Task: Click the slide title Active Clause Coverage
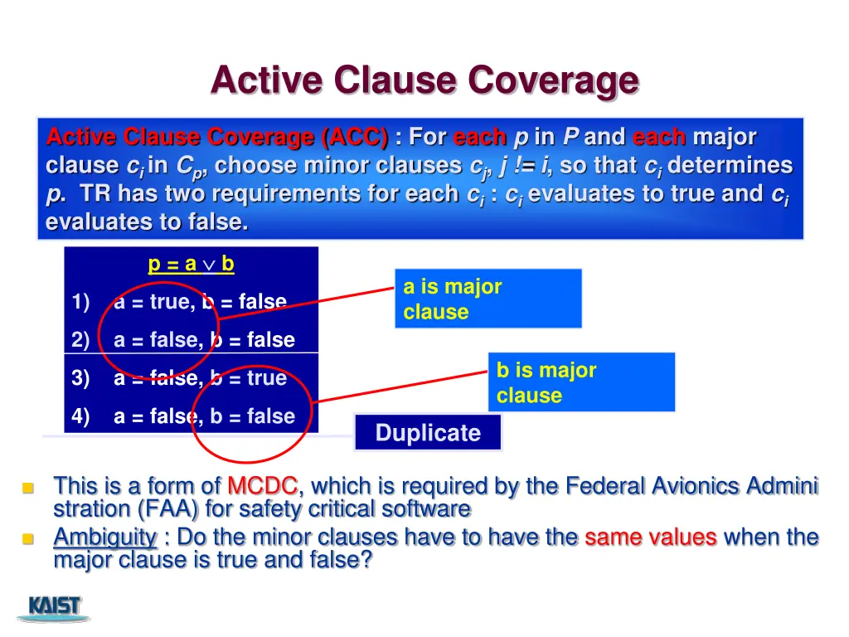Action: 424,80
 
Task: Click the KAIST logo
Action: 55,607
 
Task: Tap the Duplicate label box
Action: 428,433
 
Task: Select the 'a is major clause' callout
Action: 488,299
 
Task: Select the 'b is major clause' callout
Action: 581,382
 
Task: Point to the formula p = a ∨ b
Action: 191,265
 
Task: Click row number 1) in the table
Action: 81,303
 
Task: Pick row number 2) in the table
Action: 81,340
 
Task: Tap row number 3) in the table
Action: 81,378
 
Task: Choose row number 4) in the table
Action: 81,416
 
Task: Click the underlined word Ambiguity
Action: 105,537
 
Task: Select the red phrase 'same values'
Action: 650,537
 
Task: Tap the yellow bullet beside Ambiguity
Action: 27,540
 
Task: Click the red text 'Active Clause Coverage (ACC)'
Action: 217,136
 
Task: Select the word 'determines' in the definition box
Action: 730,165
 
